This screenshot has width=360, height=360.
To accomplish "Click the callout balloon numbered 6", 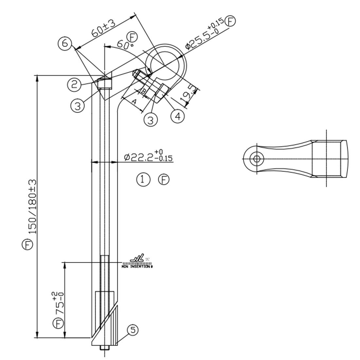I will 65,44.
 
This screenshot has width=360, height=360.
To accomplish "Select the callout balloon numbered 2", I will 74,85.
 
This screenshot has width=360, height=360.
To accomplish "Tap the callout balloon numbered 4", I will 177,116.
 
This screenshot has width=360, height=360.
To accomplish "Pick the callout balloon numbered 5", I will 133,330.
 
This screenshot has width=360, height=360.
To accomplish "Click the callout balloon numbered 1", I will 143,179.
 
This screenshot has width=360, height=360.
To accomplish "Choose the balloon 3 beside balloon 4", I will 151,120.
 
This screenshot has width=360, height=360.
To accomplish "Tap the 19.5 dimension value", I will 190,95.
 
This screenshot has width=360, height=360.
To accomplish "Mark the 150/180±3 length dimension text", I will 32,206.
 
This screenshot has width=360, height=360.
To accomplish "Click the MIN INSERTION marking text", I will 137,267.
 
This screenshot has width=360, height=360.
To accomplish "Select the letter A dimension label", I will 134,102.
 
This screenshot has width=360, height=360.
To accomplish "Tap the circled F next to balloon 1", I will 164,179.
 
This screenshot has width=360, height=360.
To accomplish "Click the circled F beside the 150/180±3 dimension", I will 28,244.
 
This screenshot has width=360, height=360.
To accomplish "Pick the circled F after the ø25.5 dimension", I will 231,21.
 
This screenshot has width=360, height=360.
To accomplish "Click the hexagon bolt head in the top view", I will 257,159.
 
